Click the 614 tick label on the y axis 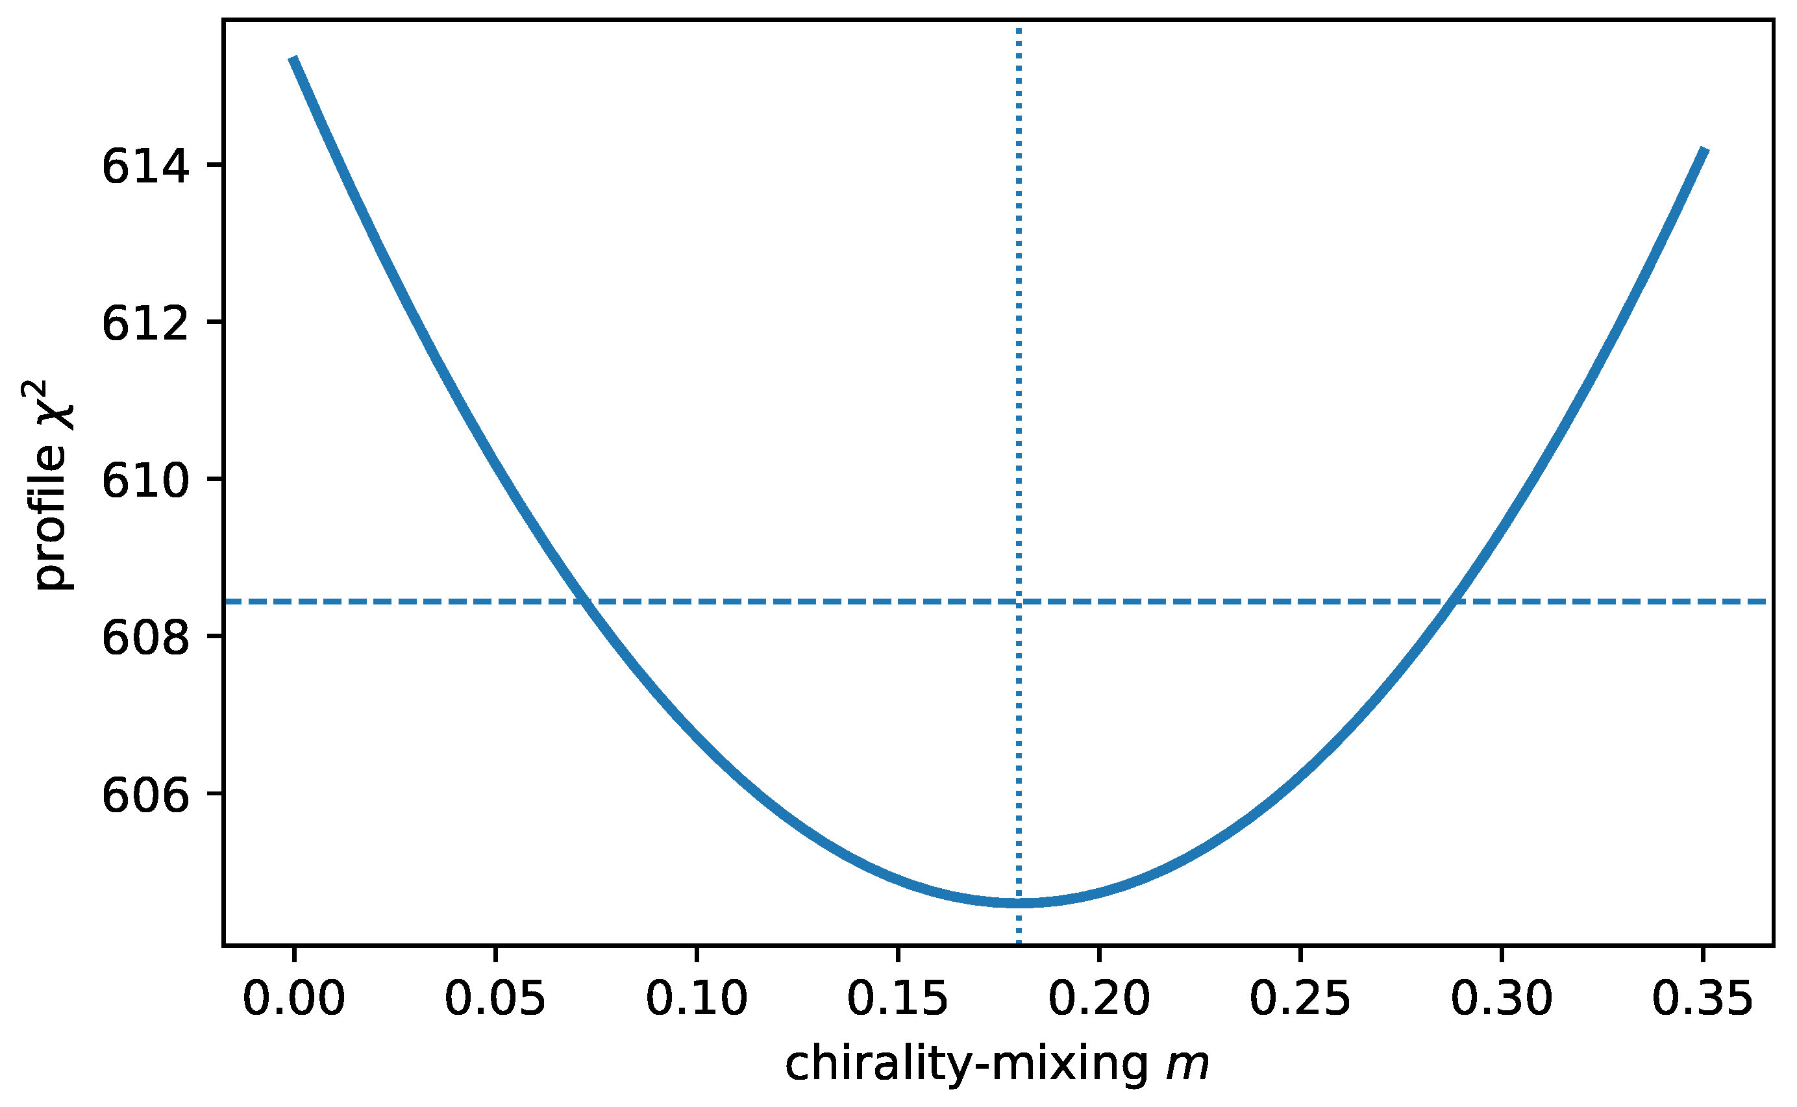(x=145, y=166)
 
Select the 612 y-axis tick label (x=145, y=323)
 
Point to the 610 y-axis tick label (x=145, y=480)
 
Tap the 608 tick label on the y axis (x=145, y=638)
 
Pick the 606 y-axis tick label (x=145, y=795)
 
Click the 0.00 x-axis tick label (x=293, y=999)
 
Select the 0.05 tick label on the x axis (x=495, y=999)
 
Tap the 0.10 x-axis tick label (x=696, y=999)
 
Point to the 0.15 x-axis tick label (x=897, y=999)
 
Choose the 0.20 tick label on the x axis (x=1098, y=999)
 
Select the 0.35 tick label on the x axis (x=1703, y=999)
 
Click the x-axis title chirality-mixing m (x=998, y=1065)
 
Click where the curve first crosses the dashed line (x=584, y=602)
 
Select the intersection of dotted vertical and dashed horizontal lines (x=1019, y=602)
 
